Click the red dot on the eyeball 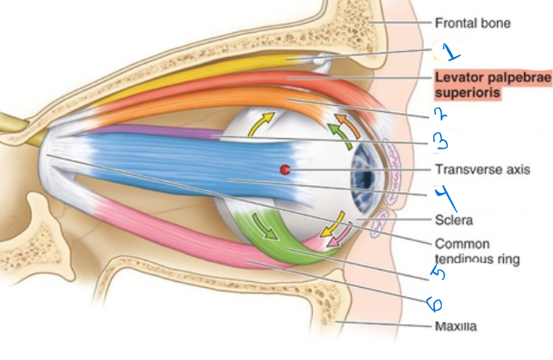coord(285,170)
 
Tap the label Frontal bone coord(472,23)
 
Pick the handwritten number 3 coord(441,143)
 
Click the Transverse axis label coord(482,170)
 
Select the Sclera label coord(454,221)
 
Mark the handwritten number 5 coord(438,273)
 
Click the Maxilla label coord(455,326)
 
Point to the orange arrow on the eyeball coord(348,124)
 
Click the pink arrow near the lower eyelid coord(339,235)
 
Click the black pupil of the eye coord(367,178)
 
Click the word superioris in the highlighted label coord(468,93)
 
